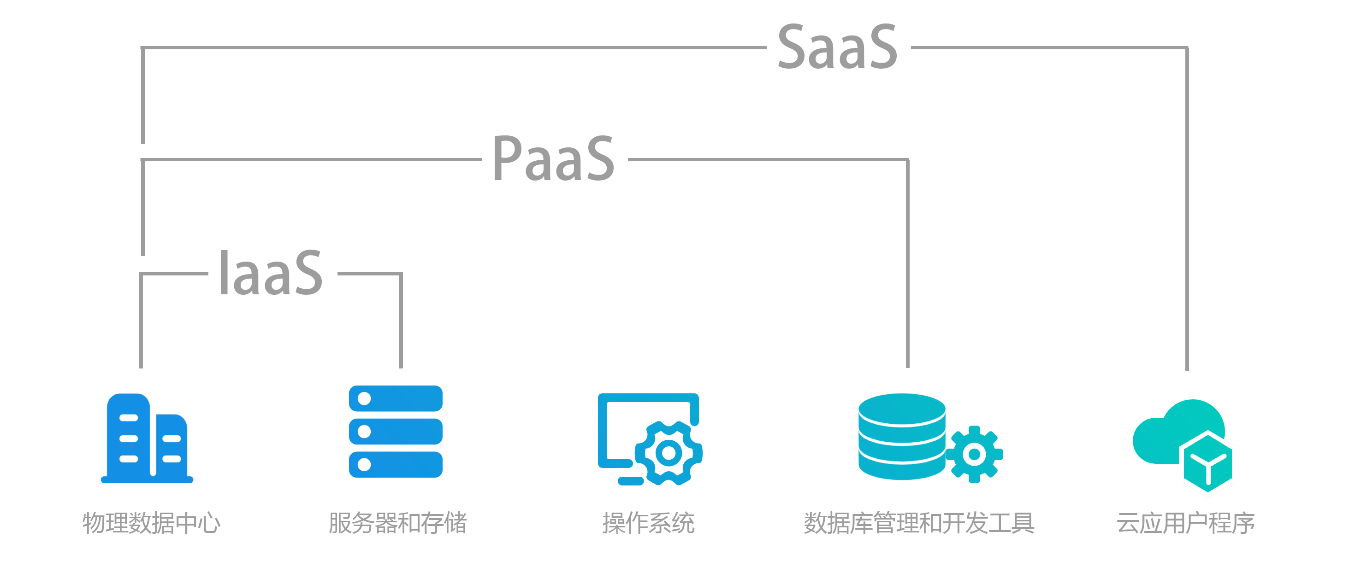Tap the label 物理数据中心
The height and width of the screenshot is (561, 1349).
151,523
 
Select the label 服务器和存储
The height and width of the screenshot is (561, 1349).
397,523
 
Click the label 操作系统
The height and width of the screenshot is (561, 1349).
648,523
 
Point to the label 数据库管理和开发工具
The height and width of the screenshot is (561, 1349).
918,523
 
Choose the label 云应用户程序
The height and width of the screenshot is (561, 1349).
1185,523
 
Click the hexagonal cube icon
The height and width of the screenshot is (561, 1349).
1207,463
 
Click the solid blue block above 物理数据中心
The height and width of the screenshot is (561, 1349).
272,434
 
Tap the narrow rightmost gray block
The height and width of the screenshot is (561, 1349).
1136,209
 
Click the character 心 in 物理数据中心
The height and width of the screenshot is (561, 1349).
208,523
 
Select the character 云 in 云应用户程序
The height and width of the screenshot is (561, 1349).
1128,523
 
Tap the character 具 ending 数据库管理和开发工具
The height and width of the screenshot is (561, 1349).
1023,523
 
